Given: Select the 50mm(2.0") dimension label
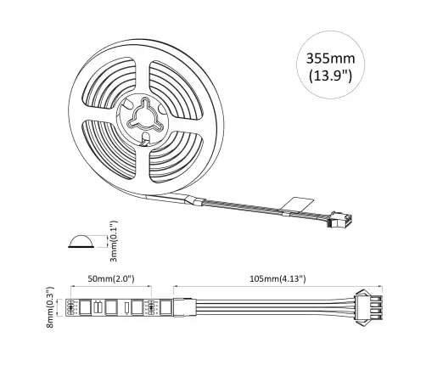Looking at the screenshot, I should (112, 278).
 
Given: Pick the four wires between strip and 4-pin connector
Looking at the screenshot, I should (272, 306).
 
